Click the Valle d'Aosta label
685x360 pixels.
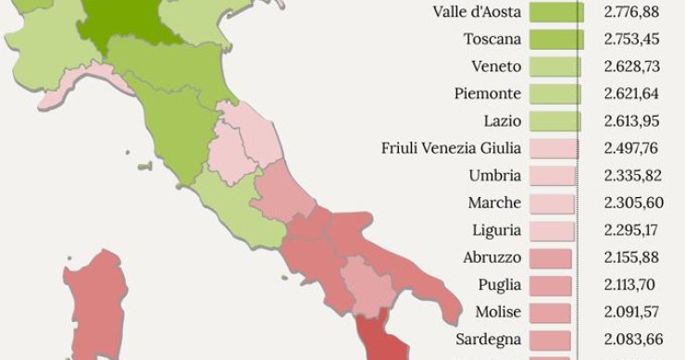coord(478,12)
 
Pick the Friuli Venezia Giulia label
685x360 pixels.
coord(451,148)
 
